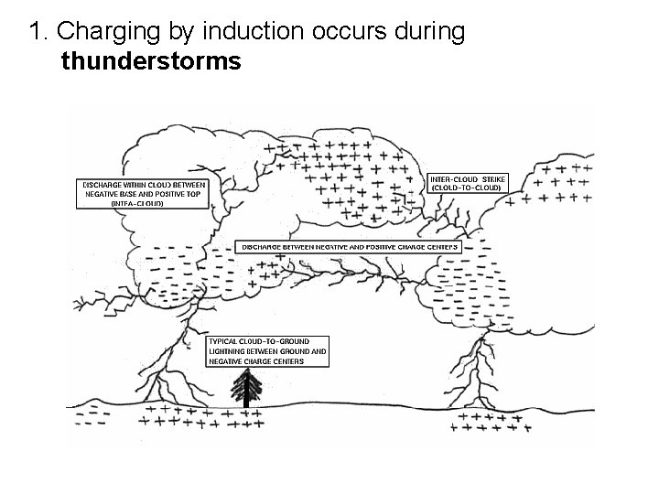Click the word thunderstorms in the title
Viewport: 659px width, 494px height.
tap(151, 62)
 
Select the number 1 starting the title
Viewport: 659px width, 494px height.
tap(36, 32)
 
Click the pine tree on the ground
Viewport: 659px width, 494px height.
tap(245, 387)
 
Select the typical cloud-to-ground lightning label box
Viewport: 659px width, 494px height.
tap(266, 350)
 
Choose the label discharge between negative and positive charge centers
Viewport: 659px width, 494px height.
tap(349, 247)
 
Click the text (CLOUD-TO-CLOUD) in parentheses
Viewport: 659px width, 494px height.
tap(466, 188)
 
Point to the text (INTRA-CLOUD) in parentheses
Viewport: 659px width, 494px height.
tap(137, 203)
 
